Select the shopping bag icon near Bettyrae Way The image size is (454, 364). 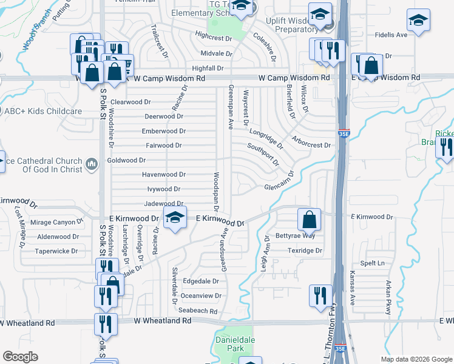pos(309,220)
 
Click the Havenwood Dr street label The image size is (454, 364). pos(163,174)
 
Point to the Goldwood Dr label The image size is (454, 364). pos(126,160)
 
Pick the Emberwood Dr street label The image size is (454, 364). pos(163,131)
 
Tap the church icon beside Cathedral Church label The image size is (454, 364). pos(92,164)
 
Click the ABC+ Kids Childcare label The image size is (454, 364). pos(42,112)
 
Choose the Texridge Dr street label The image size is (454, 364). pos(304,250)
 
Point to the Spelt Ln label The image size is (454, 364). pos(373,263)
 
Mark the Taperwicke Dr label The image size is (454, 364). pos(56,251)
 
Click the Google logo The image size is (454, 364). pos(21,357)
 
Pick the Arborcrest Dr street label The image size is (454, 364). pos(312,146)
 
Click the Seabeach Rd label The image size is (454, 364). pos(198,311)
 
